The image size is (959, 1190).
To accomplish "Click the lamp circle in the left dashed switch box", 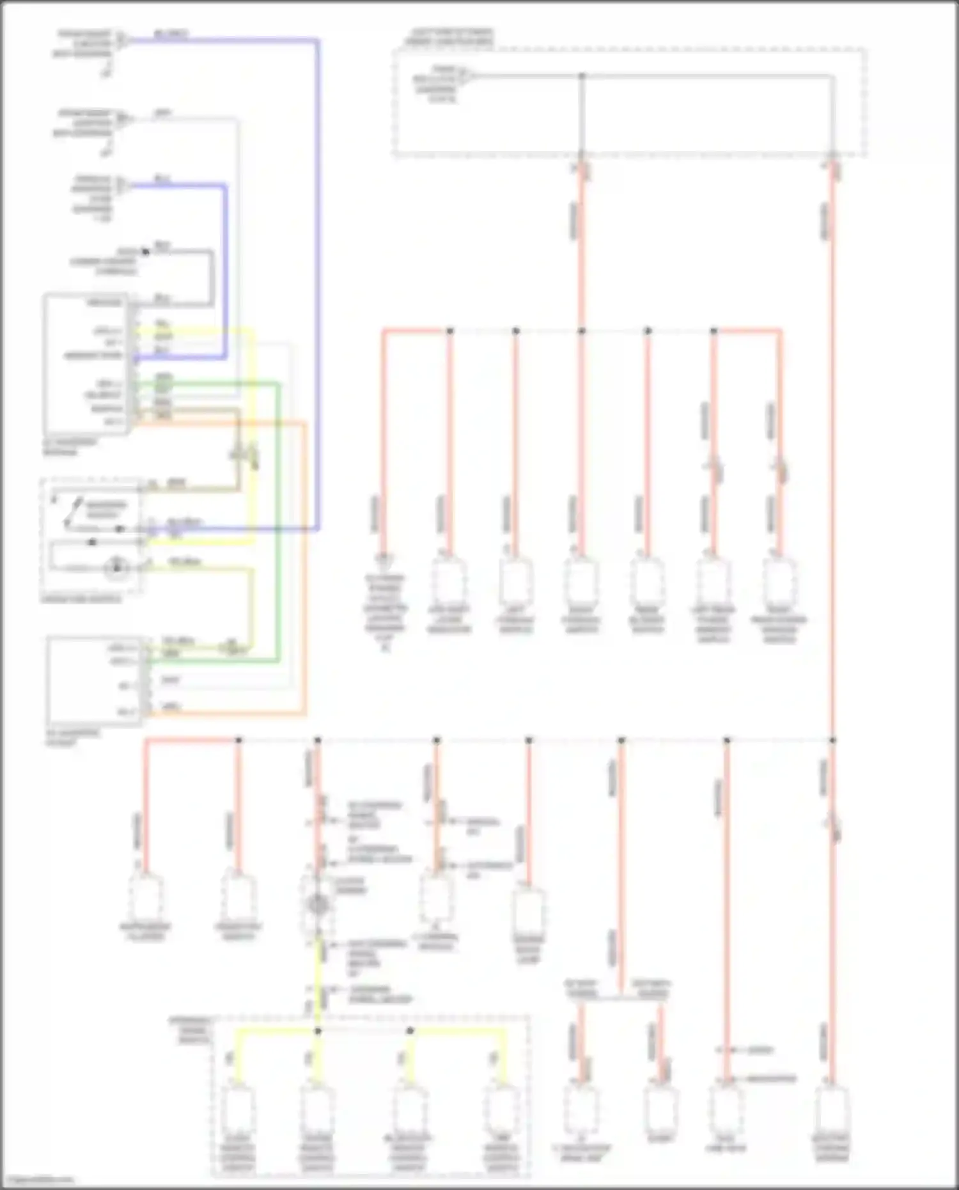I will pyautogui.click(x=116, y=567).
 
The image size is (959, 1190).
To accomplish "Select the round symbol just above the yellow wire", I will pyautogui.click(x=317, y=904).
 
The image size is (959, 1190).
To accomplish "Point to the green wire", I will pyautogui.click(x=278, y=512).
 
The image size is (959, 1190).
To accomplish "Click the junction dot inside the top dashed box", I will pyautogui.click(x=582, y=76).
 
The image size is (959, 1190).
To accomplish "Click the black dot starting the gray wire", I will pyautogui.click(x=146, y=251).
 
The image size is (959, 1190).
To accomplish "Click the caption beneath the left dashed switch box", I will pyautogui.click(x=81, y=599).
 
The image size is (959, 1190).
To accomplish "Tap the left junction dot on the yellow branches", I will pyautogui.click(x=318, y=1031).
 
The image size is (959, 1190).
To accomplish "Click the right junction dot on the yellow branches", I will pyautogui.click(x=410, y=1031).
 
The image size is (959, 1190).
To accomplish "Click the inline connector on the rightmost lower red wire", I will pyautogui.click(x=834, y=825).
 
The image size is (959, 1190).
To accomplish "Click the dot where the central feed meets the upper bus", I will pyautogui.click(x=582, y=331).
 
